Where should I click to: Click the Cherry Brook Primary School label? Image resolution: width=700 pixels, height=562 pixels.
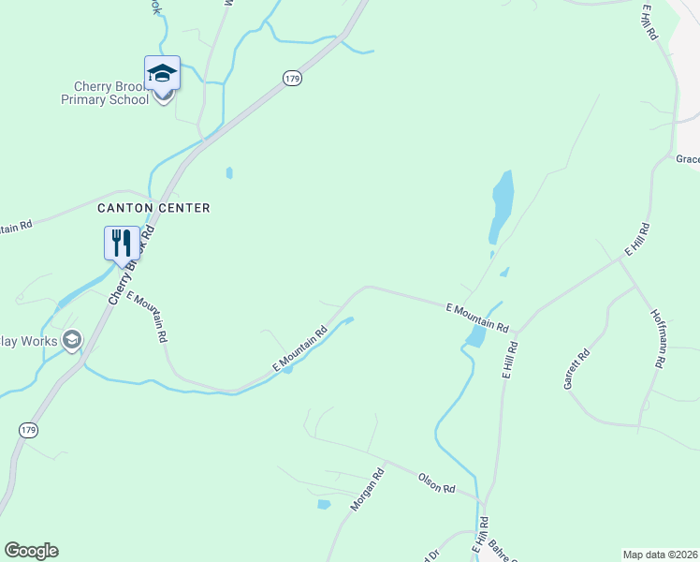coord(105,93)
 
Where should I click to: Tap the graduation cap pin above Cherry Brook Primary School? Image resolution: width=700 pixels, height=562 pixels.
coord(162,72)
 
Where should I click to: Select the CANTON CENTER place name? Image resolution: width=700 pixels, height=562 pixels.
coord(153,207)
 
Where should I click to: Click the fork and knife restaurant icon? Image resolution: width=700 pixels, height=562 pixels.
coord(122,243)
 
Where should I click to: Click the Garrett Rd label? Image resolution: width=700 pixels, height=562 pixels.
coord(577,369)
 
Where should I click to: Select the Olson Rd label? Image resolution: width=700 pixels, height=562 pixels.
coord(436,483)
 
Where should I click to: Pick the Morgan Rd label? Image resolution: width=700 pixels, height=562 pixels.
coord(368,491)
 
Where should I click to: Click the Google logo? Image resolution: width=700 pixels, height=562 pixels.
coord(31,551)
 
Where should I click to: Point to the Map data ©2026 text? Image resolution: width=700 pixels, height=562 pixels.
coord(661,555)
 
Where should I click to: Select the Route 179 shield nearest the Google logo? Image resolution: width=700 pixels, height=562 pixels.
coord(28,428)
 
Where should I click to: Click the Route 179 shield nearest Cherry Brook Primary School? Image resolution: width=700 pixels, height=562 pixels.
coord(293,80)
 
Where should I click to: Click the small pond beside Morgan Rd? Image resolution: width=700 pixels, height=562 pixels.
coord(324,504)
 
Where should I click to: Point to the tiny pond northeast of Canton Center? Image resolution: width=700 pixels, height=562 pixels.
coord(229,173)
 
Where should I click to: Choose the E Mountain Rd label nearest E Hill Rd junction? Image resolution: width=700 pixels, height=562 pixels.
coord(476,318)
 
